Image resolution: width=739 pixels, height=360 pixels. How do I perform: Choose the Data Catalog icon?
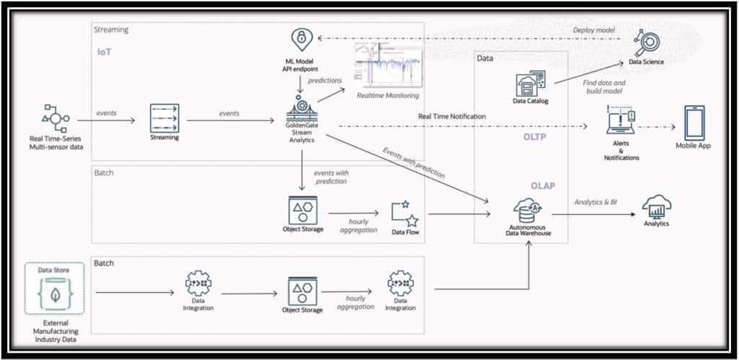point(530,83)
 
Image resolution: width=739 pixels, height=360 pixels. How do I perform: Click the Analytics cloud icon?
point(655,206)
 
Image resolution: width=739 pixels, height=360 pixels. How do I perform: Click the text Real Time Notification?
point(452,116)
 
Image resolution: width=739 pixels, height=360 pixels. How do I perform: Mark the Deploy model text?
point(594,30)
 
